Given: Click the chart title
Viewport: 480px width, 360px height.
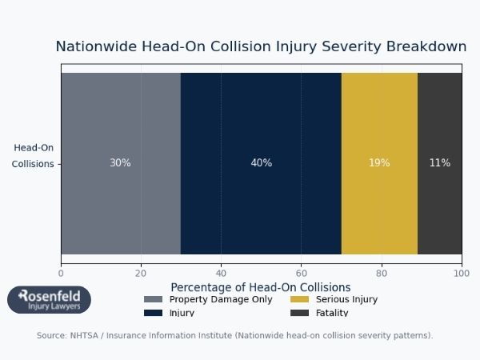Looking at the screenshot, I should tap(261, 47).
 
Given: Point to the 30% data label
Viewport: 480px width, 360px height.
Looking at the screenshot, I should tap(120, 163).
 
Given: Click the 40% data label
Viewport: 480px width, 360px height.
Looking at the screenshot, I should tap(261, 163).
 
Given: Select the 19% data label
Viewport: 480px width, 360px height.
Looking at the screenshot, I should tap(379, 163).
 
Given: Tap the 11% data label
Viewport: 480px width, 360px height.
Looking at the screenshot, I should tap(439, 163).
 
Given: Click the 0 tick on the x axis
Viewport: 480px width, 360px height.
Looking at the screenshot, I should tap(61, 273).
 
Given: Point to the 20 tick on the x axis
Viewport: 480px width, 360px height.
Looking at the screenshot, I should tap(141, 273).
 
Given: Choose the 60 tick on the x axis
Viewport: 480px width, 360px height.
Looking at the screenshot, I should tap(301, 273).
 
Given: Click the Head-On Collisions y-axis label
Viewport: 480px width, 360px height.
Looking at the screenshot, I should tap(33, 156).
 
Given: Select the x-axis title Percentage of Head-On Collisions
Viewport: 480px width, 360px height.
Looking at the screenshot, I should tap(261, 287).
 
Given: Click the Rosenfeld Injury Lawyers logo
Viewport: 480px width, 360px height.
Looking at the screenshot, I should tap(49, 300).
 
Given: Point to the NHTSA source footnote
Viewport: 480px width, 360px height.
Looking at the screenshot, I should tap(234, 336).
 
